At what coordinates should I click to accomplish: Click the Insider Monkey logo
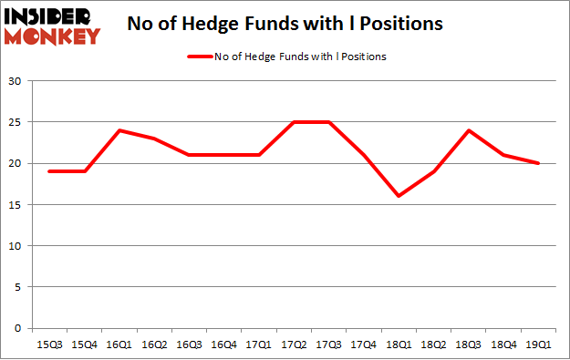coord(54,26)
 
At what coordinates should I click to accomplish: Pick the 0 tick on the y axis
coord(18,328)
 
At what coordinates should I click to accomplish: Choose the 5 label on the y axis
coord(18,287)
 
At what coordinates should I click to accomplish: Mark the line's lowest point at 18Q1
coord(399,196)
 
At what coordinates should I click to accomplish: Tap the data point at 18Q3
coord(469,130)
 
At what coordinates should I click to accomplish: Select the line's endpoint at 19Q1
coord(539,163)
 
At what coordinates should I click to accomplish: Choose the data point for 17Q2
coord(293,122)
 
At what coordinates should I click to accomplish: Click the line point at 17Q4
coord(363,155)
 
